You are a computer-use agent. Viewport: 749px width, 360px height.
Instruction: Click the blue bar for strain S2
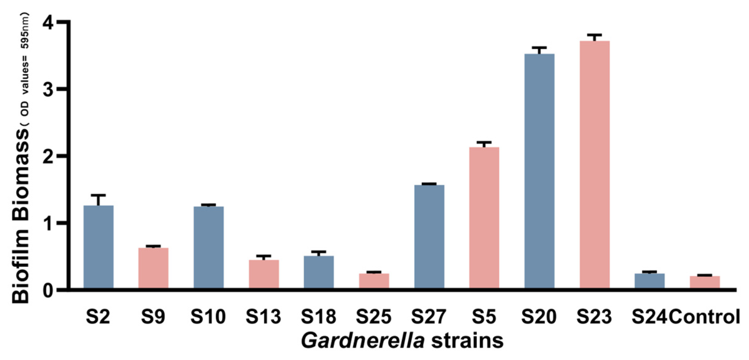click(98, 246)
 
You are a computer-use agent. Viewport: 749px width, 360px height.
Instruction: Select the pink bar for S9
click(153, 268)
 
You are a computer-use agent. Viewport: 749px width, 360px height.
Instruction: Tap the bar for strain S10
click(208, 247)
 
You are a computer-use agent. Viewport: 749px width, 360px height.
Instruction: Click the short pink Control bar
click(705, 282)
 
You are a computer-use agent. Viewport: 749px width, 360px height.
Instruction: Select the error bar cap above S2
click(98, 195)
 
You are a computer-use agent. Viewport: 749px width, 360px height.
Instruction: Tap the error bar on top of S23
click(594, 35)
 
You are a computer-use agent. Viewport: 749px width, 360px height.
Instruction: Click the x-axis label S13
click(263, 317)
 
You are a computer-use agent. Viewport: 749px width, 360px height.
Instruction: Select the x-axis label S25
click(374, 317)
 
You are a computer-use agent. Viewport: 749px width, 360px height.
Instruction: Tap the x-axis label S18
click(318, 317)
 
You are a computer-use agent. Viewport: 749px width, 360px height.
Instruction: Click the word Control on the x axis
click(704, 317)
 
